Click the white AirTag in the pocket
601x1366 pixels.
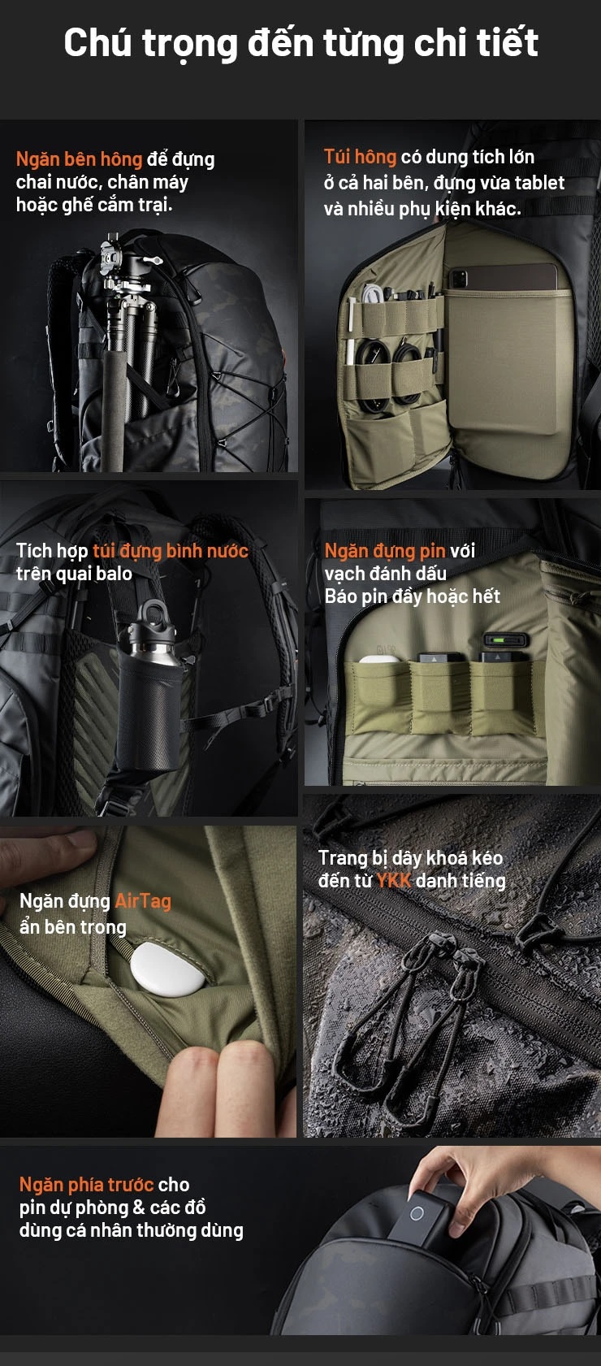tap(167, 969)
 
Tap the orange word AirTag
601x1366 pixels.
tap(143, 900)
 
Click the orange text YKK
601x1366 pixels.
tap(394, 881)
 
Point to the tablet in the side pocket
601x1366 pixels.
tap(503, 277)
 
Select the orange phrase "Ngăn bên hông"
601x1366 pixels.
tap(80, 159)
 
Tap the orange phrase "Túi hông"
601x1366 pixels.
tap(361, 157)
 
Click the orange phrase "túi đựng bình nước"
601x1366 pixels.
tap(171, 551)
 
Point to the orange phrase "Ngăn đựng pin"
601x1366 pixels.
tap(385, 551)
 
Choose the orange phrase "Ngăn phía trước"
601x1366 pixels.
tap(86, 1184)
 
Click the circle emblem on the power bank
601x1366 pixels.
tap(417, 1213)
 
